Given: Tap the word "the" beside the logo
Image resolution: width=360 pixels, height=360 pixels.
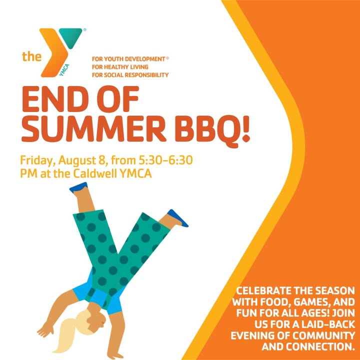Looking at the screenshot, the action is point(31,56).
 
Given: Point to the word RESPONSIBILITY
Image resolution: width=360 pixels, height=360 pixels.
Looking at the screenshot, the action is point(146,75).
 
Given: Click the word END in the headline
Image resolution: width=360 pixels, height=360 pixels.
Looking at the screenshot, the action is point(55,99).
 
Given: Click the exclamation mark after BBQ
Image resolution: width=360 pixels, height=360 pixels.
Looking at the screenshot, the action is point(246,128).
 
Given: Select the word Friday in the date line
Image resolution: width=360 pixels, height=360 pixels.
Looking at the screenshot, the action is point(36,160).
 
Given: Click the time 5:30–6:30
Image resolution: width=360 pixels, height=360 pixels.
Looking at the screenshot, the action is point(165,160).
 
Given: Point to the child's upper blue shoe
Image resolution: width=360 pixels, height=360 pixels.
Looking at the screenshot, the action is point(78,187).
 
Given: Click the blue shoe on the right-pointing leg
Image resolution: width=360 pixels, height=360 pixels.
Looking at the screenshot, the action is point(177,218).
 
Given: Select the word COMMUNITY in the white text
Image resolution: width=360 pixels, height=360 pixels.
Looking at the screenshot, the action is point(324,335).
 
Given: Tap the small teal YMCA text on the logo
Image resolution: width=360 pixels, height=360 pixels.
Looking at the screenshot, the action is point(64,70).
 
